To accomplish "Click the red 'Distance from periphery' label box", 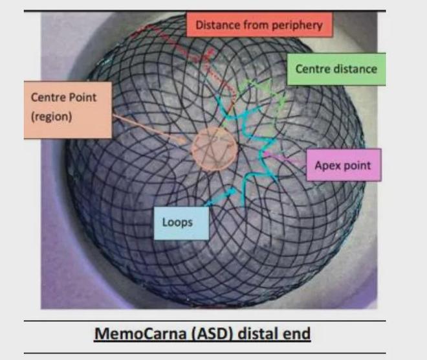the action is pyautogui.click(x=259, y=25).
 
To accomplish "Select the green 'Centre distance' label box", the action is pyautogui.click(x=336, y=69).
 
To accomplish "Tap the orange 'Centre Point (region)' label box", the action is pyautogui.click(x=68, y=110).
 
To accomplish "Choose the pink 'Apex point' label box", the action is pyautogui.click(x=344, y=165).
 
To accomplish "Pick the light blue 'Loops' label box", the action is pyautogui.click(x=181, y=223).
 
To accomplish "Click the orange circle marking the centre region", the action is pyautogui.click(x=215, y=149).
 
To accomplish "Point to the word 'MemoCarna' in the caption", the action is pyautogui.click(x=140, y=333).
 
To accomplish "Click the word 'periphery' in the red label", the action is pyautogui.click(x=297, y=26).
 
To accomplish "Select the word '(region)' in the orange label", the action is pyautogui.click(x=52, y=117).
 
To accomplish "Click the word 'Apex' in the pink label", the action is pyautogui.click(x=325, y=166).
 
